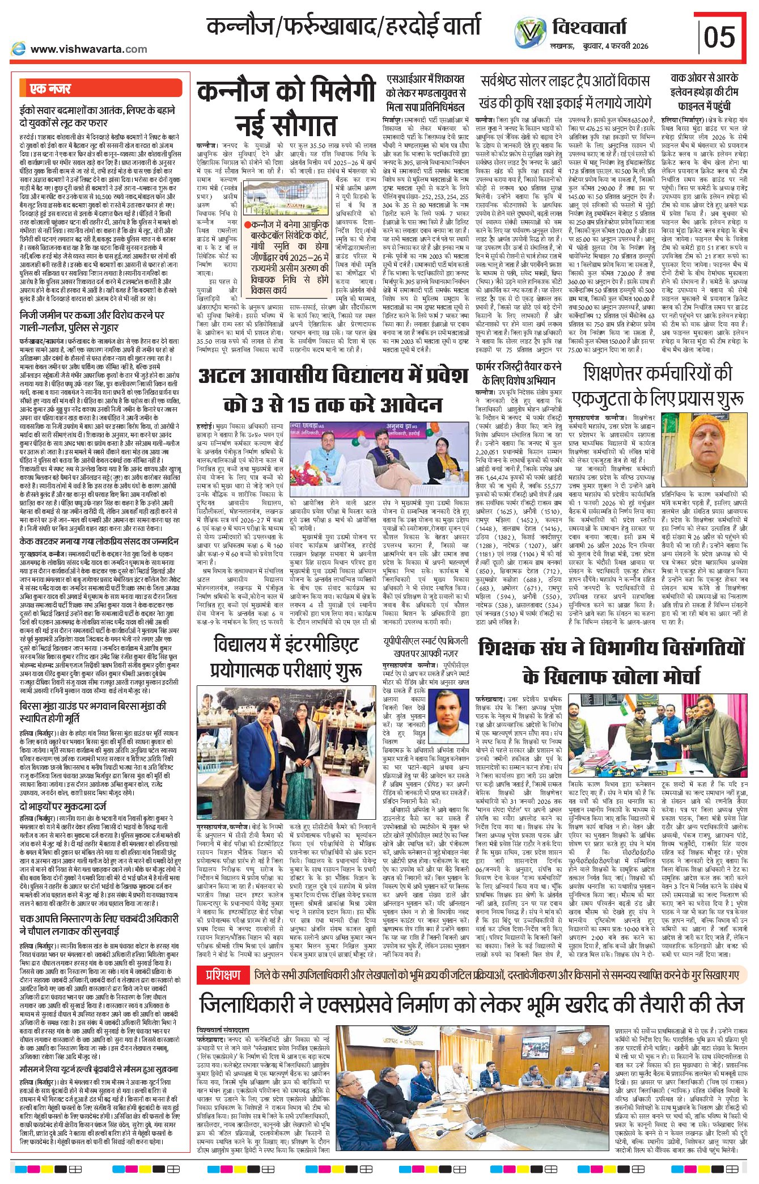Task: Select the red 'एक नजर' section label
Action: click(51, 89)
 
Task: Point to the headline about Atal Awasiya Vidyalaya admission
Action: click(333, 391)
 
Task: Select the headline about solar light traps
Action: click(565, 91)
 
